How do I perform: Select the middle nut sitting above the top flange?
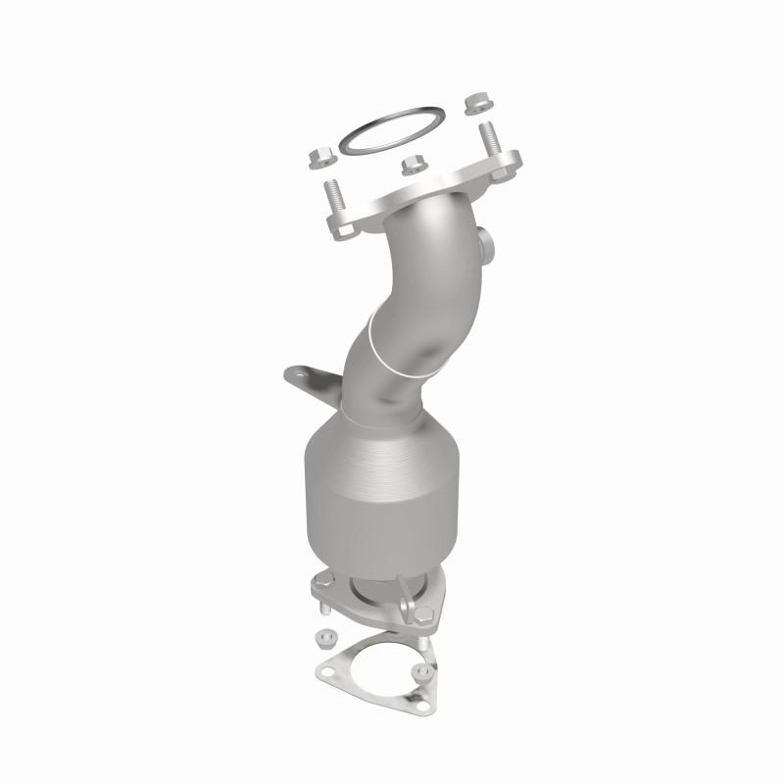[413, 164]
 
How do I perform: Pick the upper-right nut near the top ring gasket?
[479, 102]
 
